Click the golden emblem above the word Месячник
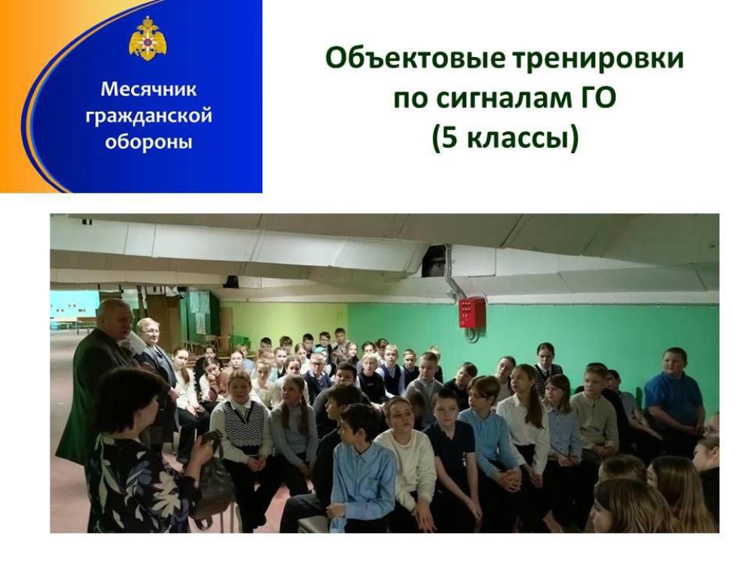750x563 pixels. [148, 39]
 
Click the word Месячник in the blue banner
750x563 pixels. [148, 89]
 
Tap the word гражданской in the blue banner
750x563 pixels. [148, 116]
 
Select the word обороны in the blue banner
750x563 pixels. [148, 142]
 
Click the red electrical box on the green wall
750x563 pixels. [472, 312]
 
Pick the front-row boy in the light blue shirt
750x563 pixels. [361, 469]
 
